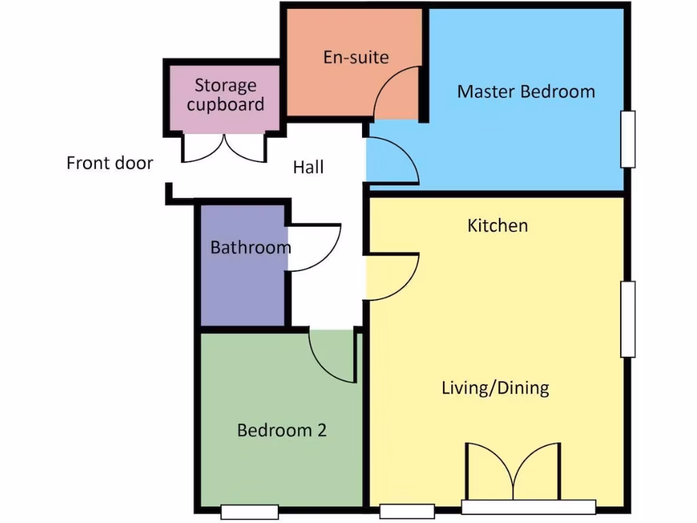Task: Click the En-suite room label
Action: (356, 57)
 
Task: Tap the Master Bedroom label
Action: (525, 91)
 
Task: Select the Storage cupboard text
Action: (225, 95)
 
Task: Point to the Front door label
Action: (110, 163)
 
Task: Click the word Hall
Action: (308, 167)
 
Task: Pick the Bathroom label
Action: (250, 247)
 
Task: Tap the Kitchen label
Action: (498, 225)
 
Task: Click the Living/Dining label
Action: (495, 388)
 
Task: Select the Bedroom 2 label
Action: (282, 430)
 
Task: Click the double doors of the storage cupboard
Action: (223, 148)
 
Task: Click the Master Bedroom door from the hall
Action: (393, 161)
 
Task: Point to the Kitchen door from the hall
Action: (393, 276)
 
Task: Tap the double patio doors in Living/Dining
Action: (513, 473)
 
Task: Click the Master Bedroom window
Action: (628, 139)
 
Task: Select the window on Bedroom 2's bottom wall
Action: (250, 512)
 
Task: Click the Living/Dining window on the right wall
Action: (628, 319)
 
